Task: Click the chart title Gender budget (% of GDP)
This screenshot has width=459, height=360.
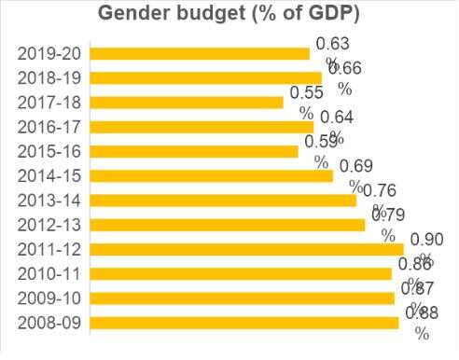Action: pos(229,16)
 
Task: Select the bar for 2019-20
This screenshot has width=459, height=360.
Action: pos(200,54)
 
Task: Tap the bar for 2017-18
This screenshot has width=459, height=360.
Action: pos(187,103)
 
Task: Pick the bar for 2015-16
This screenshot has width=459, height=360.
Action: pos(194,151)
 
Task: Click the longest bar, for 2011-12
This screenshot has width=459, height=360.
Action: pos(246,249)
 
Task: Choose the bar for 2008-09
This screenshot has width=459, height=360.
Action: pos(244,323)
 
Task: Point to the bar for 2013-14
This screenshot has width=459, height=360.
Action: pos(223,200)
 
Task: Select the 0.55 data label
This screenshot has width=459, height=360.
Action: pos(307,93)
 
